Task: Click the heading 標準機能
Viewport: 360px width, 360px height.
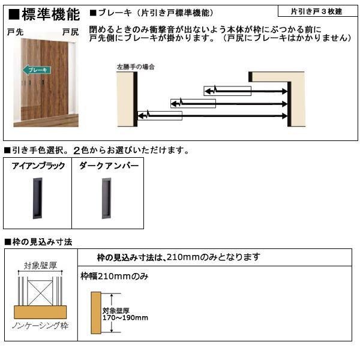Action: pyautogui.click(x=46, y=14)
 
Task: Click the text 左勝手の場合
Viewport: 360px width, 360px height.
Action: pyautogui.click(x=136, y=67)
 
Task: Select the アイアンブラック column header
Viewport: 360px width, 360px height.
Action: pyautogui.click(x=38, y=166)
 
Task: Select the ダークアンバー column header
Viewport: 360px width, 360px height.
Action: pyautogui.click(x=108, y=166)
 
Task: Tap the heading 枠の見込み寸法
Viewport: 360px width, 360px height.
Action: pyautogui.click(x=38, y=242)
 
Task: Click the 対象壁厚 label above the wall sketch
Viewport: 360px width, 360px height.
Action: pyautogui.click(x=40, y=265)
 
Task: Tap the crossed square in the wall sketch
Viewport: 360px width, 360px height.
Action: pyautogui.click(x=41, y=289)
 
